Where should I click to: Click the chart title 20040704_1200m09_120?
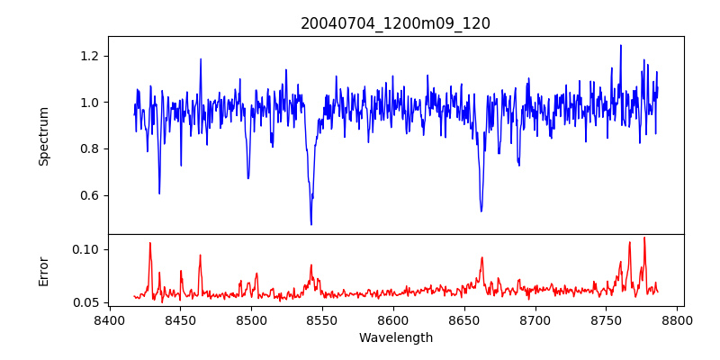click(395, 23)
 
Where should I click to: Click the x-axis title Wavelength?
click(395, 337)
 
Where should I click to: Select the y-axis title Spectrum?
click(44, 136)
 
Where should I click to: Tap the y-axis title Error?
click(44, 270)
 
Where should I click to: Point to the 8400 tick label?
click(109, 320)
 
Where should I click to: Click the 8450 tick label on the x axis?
click(180, 320)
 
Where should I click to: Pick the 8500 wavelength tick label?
click(251, 320)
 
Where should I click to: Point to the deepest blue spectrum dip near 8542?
click(311, 224)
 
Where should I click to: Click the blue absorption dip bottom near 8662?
click(481, 211)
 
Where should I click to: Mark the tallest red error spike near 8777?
click(644, 238)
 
